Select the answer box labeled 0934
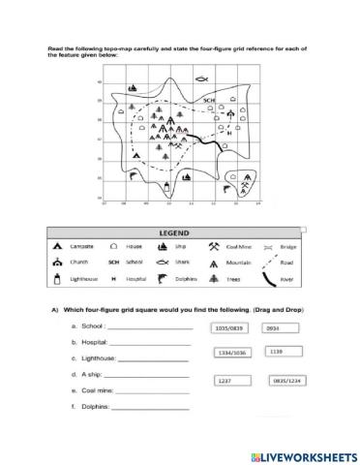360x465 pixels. pyautogui.click(x=278, y=327)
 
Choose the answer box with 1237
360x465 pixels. pyautogui.click(x=228, y=381)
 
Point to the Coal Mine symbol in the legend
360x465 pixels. pyautogui.click(x=212, y=246)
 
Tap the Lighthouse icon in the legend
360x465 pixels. pyautogui.click(x=59, y=279)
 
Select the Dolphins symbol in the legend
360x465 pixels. pyautogui.click(x=164, y=279)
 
